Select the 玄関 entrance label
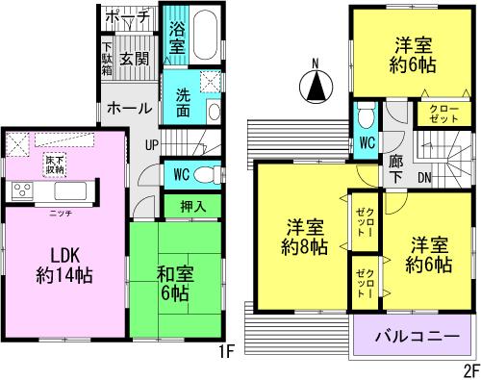134,60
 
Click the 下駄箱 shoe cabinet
107,61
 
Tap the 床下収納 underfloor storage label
54,164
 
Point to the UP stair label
152,144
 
